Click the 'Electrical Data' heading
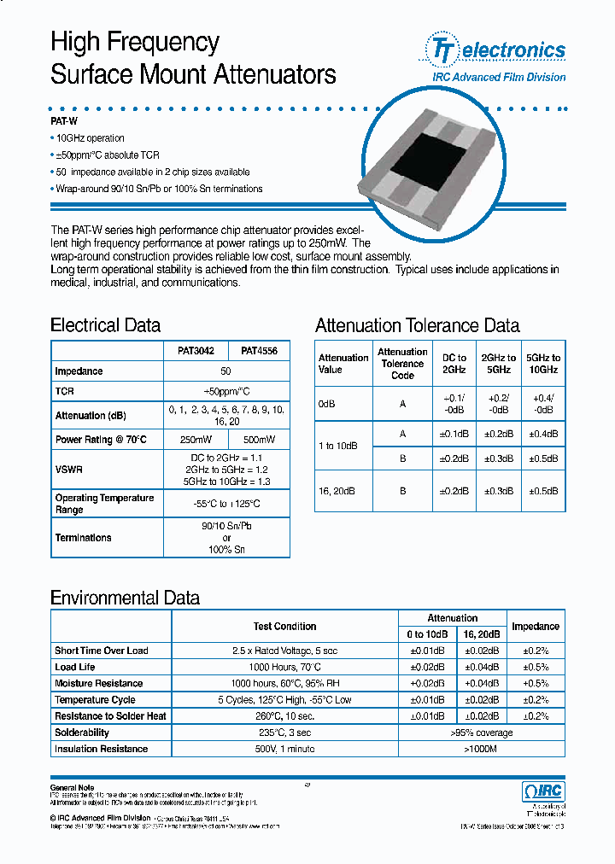[x=105, y=325]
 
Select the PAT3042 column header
[x=196, y=351]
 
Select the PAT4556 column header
[x=259, y=351]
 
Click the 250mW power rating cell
[x=196, y=440]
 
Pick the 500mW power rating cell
[x=259, y=440]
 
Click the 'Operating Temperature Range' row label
[x=104, y=504]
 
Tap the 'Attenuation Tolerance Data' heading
[x=417, y=325]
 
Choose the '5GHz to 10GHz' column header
[x=542, y=364]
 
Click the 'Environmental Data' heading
[x=125, y=598]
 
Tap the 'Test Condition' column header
[x=284, y=627]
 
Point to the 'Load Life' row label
[x=75, y=667]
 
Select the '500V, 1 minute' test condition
[x=284, y=749]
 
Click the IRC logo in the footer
[x=542, y=791]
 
